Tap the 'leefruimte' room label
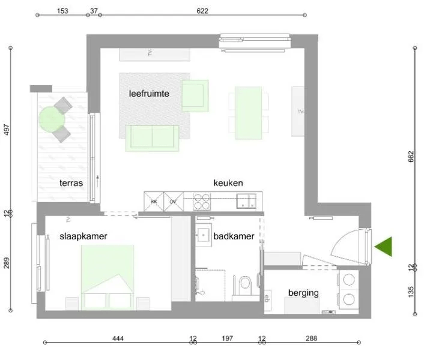click(x=149, y=94)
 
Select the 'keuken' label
click(x=228, y=183)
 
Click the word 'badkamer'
click(x=234, y=236)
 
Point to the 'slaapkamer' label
click(x=83, y=236)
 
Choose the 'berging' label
click(x=303, y=293)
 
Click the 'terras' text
click(x=71, y=183)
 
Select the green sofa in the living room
click(x=153, y=137)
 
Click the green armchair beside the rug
click(x=195, y=95)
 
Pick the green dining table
click(x=249, y=110)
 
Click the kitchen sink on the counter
click(x=247, y=200)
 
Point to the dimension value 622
click(x=202, y=11)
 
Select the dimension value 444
click(x=118, y=339)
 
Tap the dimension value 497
click(x=8, y=131)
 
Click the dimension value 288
click(x=310, y=339)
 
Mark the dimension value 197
click(x=226, y=339)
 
